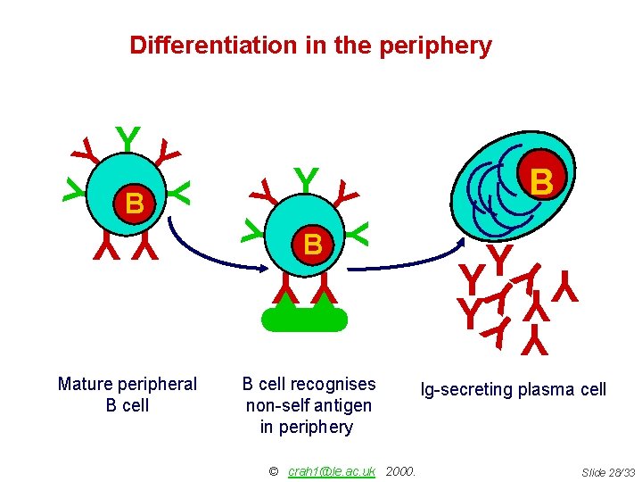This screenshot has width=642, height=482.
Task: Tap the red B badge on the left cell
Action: pyautogui.click(x=135, y=204)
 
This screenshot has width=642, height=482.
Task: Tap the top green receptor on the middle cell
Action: pyautogui.click(x=306, y=179)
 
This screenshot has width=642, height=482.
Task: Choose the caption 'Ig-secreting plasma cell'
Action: pyautogui.click(x=514, y=389)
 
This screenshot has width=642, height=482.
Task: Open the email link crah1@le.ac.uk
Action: pyautogui.click(x=332, y=470)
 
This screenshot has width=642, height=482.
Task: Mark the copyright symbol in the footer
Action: pyautogui.click(x=273, y=470)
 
